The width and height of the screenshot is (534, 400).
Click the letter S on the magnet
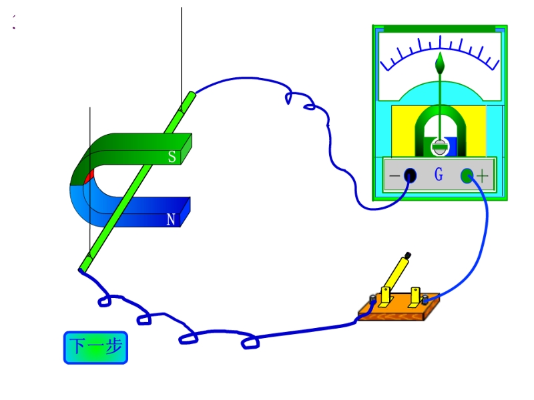tap(172, 157)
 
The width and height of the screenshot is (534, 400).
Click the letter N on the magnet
tap(171, 219)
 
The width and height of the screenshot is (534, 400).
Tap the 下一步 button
tap(95, 347)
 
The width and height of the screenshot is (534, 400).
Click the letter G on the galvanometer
tap(439, 174)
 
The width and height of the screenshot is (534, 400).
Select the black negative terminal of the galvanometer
tap(410, 175)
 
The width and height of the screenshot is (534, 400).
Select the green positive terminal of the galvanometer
tap(467, 175)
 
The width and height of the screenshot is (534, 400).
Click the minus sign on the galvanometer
tap(394, 175)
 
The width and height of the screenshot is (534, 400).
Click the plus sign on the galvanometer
tap(482, 176)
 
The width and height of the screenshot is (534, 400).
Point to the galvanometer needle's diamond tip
tap(440, 63)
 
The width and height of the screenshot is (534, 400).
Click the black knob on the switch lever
tap(408, 255)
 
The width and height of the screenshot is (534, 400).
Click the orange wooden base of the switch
tap(398, 308)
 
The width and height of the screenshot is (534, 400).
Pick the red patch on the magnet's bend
tap(89, 177)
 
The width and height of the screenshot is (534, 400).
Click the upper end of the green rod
tap(192, 95)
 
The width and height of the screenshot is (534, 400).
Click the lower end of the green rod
tap(82, 270)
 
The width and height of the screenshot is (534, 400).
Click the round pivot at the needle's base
tap(440, 147)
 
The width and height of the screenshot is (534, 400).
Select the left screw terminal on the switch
tap(373, 299)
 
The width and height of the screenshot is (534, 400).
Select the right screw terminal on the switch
tap(425, 300)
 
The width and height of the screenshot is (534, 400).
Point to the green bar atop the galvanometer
tap(439, 29)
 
